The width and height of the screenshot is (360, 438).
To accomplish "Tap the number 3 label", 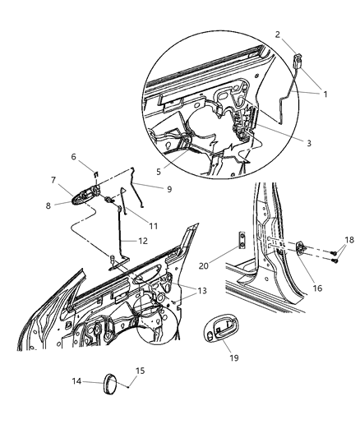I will click(x=308, y=142).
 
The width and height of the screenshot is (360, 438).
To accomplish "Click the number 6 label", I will click(x=73, y=156).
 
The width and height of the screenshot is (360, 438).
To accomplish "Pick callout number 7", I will click(x=53, y=180).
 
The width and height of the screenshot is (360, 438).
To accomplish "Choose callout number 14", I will click(x=77, y=381).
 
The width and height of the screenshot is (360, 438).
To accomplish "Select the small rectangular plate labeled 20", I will click(x=241, y=239).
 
